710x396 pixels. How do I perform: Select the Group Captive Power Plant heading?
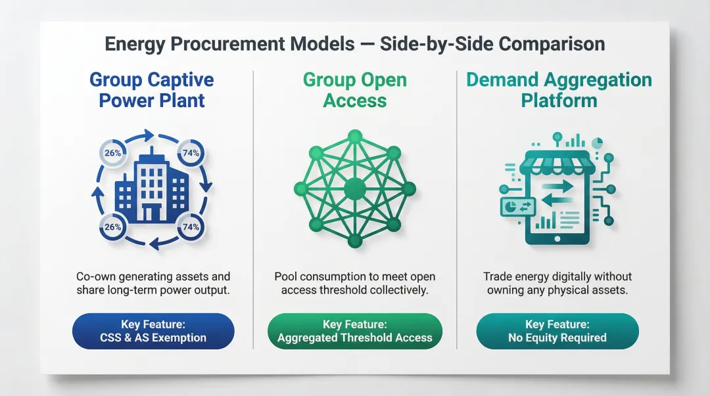click(x=151, y=91)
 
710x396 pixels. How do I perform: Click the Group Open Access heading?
click(x=354, y=91)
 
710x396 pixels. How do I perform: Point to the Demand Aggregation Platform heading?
click(x=559, y=91)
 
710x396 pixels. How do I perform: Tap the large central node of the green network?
click(x=354, y=189)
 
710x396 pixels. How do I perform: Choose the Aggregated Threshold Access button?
click(x=354, y=331)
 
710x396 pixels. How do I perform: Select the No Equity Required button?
click(x=557, y=331)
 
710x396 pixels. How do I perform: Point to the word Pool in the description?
click(x=287, y=276)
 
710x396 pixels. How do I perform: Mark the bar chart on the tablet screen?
click(x=545, y=221)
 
